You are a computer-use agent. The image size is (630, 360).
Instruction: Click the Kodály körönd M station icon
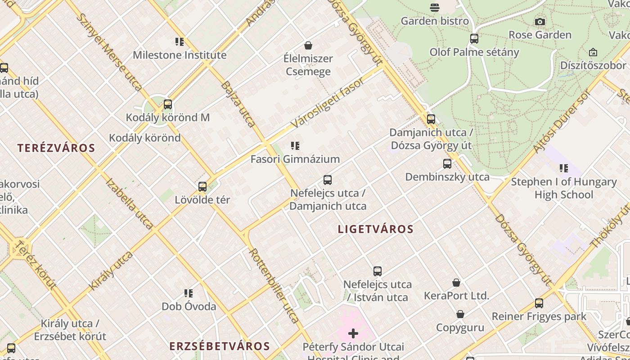click(168, 104)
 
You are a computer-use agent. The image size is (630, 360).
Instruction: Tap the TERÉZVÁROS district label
click(56, 148)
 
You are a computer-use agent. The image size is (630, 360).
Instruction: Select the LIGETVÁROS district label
click(376, 229)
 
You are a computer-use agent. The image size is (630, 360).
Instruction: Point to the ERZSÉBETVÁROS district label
click(220, 346)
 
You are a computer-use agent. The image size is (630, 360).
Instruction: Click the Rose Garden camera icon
click(540, 22)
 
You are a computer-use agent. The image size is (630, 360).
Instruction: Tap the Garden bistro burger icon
click(434, 7)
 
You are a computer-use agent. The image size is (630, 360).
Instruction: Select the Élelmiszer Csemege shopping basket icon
click(308, 45)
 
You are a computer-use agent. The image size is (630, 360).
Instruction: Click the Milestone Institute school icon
click(180, 42)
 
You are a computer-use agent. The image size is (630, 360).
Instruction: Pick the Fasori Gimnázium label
click(295, 159)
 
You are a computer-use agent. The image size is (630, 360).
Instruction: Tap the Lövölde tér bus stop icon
click(202, 187)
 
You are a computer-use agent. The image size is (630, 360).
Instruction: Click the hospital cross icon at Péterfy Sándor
click(353, 333)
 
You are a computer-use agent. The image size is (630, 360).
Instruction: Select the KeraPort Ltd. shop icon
click(456, 283)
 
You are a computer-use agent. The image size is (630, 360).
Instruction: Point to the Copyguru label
click(460, 327)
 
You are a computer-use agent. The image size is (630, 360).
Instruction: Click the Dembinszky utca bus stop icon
click(447, 164)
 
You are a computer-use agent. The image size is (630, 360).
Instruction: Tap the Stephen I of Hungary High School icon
click(564, 169)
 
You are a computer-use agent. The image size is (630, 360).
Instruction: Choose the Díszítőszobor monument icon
click(593, 53)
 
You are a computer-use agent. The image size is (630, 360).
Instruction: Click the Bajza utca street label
click(238, 104)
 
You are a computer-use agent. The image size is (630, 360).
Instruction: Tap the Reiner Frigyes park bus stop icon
click(539, 303)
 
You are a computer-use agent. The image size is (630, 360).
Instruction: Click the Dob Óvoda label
click(189, 306)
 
